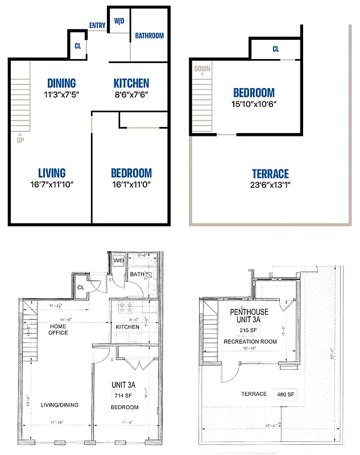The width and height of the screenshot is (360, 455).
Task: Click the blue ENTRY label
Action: (x=97, y=25)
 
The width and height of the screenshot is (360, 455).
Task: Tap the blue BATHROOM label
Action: (x=149, y=36)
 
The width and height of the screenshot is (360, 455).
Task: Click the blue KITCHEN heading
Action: (x=131, y=83)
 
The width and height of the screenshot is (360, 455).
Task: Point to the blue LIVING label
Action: (x=52, y=173)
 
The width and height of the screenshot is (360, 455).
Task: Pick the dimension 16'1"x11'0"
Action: (x=131, y=184)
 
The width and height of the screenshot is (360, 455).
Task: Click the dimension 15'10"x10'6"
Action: (x=254, y=104)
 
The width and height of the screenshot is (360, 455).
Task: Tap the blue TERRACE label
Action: (x=270, y=174)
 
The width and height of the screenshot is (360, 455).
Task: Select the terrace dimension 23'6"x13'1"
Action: (x=270, y=185)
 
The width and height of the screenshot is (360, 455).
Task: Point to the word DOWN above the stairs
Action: (x=202, y=69)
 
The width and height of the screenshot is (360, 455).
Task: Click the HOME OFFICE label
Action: (x=58, y=329)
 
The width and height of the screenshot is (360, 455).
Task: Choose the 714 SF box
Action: (x=124, y=395)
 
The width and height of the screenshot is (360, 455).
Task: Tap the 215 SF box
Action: (x=249, y=330)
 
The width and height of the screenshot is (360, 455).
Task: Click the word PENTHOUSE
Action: (x=249, y=312)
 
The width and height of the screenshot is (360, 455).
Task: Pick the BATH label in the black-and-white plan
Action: (x=136, y=275)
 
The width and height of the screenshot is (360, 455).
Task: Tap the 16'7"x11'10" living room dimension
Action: (x=52, y=184)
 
